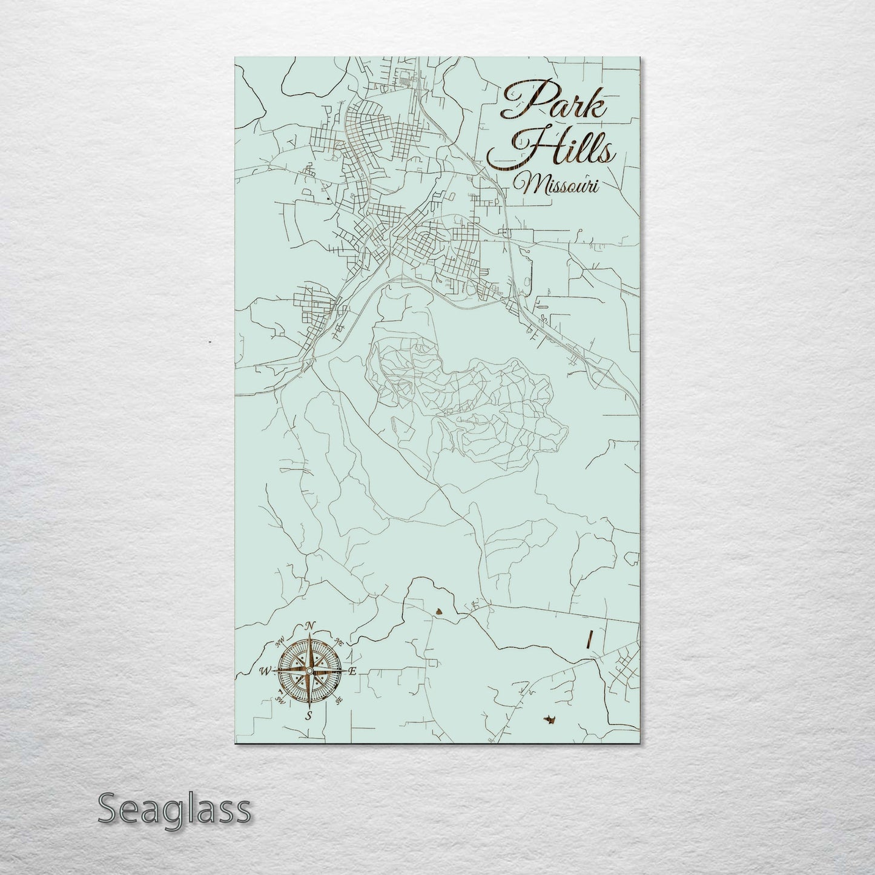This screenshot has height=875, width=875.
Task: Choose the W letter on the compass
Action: [x=265, y=671]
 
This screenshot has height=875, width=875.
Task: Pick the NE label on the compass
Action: [x=339, y=642]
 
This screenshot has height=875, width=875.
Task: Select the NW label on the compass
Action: [x=280, y=642]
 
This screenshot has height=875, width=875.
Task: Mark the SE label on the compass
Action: [x=338, y=699]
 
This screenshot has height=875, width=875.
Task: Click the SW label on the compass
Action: [x=280, y=699]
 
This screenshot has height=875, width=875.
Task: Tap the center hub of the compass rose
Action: [x=309, y=671]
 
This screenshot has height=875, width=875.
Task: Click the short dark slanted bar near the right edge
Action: [x=588, y=640]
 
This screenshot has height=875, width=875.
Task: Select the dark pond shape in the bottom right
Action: [x=550, y=719]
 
